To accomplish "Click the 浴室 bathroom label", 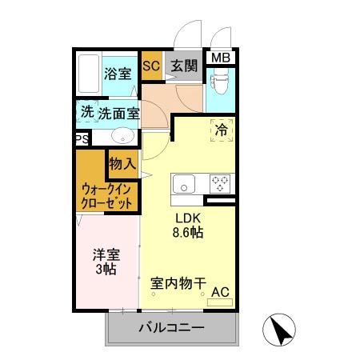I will [x=118, y=74].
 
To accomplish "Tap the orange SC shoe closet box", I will [x=150, y=66].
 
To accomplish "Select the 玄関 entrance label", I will [x=183, y=67].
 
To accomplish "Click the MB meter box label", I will [x=219, y=57].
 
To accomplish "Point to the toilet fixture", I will [x=218, y=82].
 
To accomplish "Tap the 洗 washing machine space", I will [x=86, y=113].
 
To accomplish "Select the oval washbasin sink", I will [x=122, y=135].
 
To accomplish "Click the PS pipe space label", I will [x=81, y=138].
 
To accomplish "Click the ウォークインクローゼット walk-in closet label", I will [x=106, y=197].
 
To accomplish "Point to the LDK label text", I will [x=189, y=218].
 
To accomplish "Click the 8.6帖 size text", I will [x=189, y=233].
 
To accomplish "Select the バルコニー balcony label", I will [x=171, y=328].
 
